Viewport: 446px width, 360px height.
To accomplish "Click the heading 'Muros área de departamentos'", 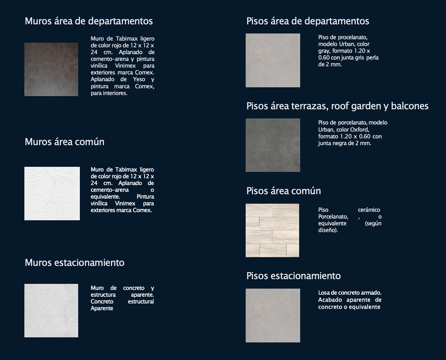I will pos(88,21).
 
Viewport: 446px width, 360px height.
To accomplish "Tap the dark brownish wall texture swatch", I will pos(51,69).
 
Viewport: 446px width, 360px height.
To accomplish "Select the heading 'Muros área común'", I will pos(64,142).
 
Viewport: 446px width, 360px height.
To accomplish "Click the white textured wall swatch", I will pos(52,194).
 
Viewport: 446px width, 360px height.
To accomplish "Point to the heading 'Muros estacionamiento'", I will pos(74,263).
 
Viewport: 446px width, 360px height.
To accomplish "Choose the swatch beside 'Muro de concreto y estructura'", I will pos(51,311).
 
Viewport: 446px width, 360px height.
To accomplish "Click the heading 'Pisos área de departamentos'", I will pos(308,21).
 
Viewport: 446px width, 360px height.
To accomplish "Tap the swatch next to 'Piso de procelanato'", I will pos(273,61).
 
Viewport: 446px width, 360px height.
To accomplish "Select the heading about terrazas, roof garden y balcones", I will pos(337,106).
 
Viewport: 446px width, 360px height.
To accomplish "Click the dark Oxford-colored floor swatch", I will pos(273,145).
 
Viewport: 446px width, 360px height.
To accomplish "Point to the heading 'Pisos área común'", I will pos(283,191).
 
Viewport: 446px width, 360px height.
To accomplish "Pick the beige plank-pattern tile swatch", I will pos(272,230).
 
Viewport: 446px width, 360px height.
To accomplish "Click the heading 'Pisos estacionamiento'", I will pos(293,276).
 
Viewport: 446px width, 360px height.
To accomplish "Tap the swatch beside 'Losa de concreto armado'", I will pos(273,315).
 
